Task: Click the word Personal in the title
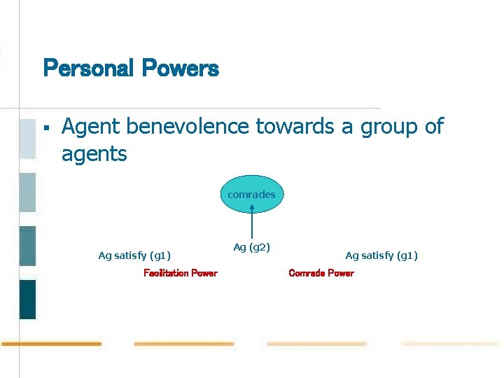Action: point(88,69)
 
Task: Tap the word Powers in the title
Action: point(181,69)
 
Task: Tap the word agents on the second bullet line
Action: point(94,153)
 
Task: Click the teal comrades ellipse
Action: point(252,194)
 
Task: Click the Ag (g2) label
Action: point(252,247)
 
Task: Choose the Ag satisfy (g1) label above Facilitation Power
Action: point(134,255)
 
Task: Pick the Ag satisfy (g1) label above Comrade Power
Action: point(381,255)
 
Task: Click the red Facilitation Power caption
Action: point(181,273)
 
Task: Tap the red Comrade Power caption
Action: point(321,273)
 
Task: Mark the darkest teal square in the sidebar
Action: point(27,300)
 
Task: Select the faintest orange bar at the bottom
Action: point(449,344)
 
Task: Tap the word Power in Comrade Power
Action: point(341,273)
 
